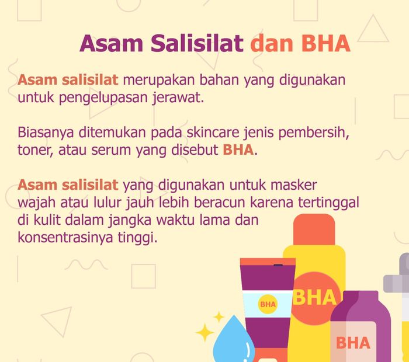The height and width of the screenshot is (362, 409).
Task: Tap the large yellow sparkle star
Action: click(206, 332)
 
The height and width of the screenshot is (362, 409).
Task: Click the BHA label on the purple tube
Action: click(268, 304)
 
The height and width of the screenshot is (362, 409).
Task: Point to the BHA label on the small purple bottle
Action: click(353, 342)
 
